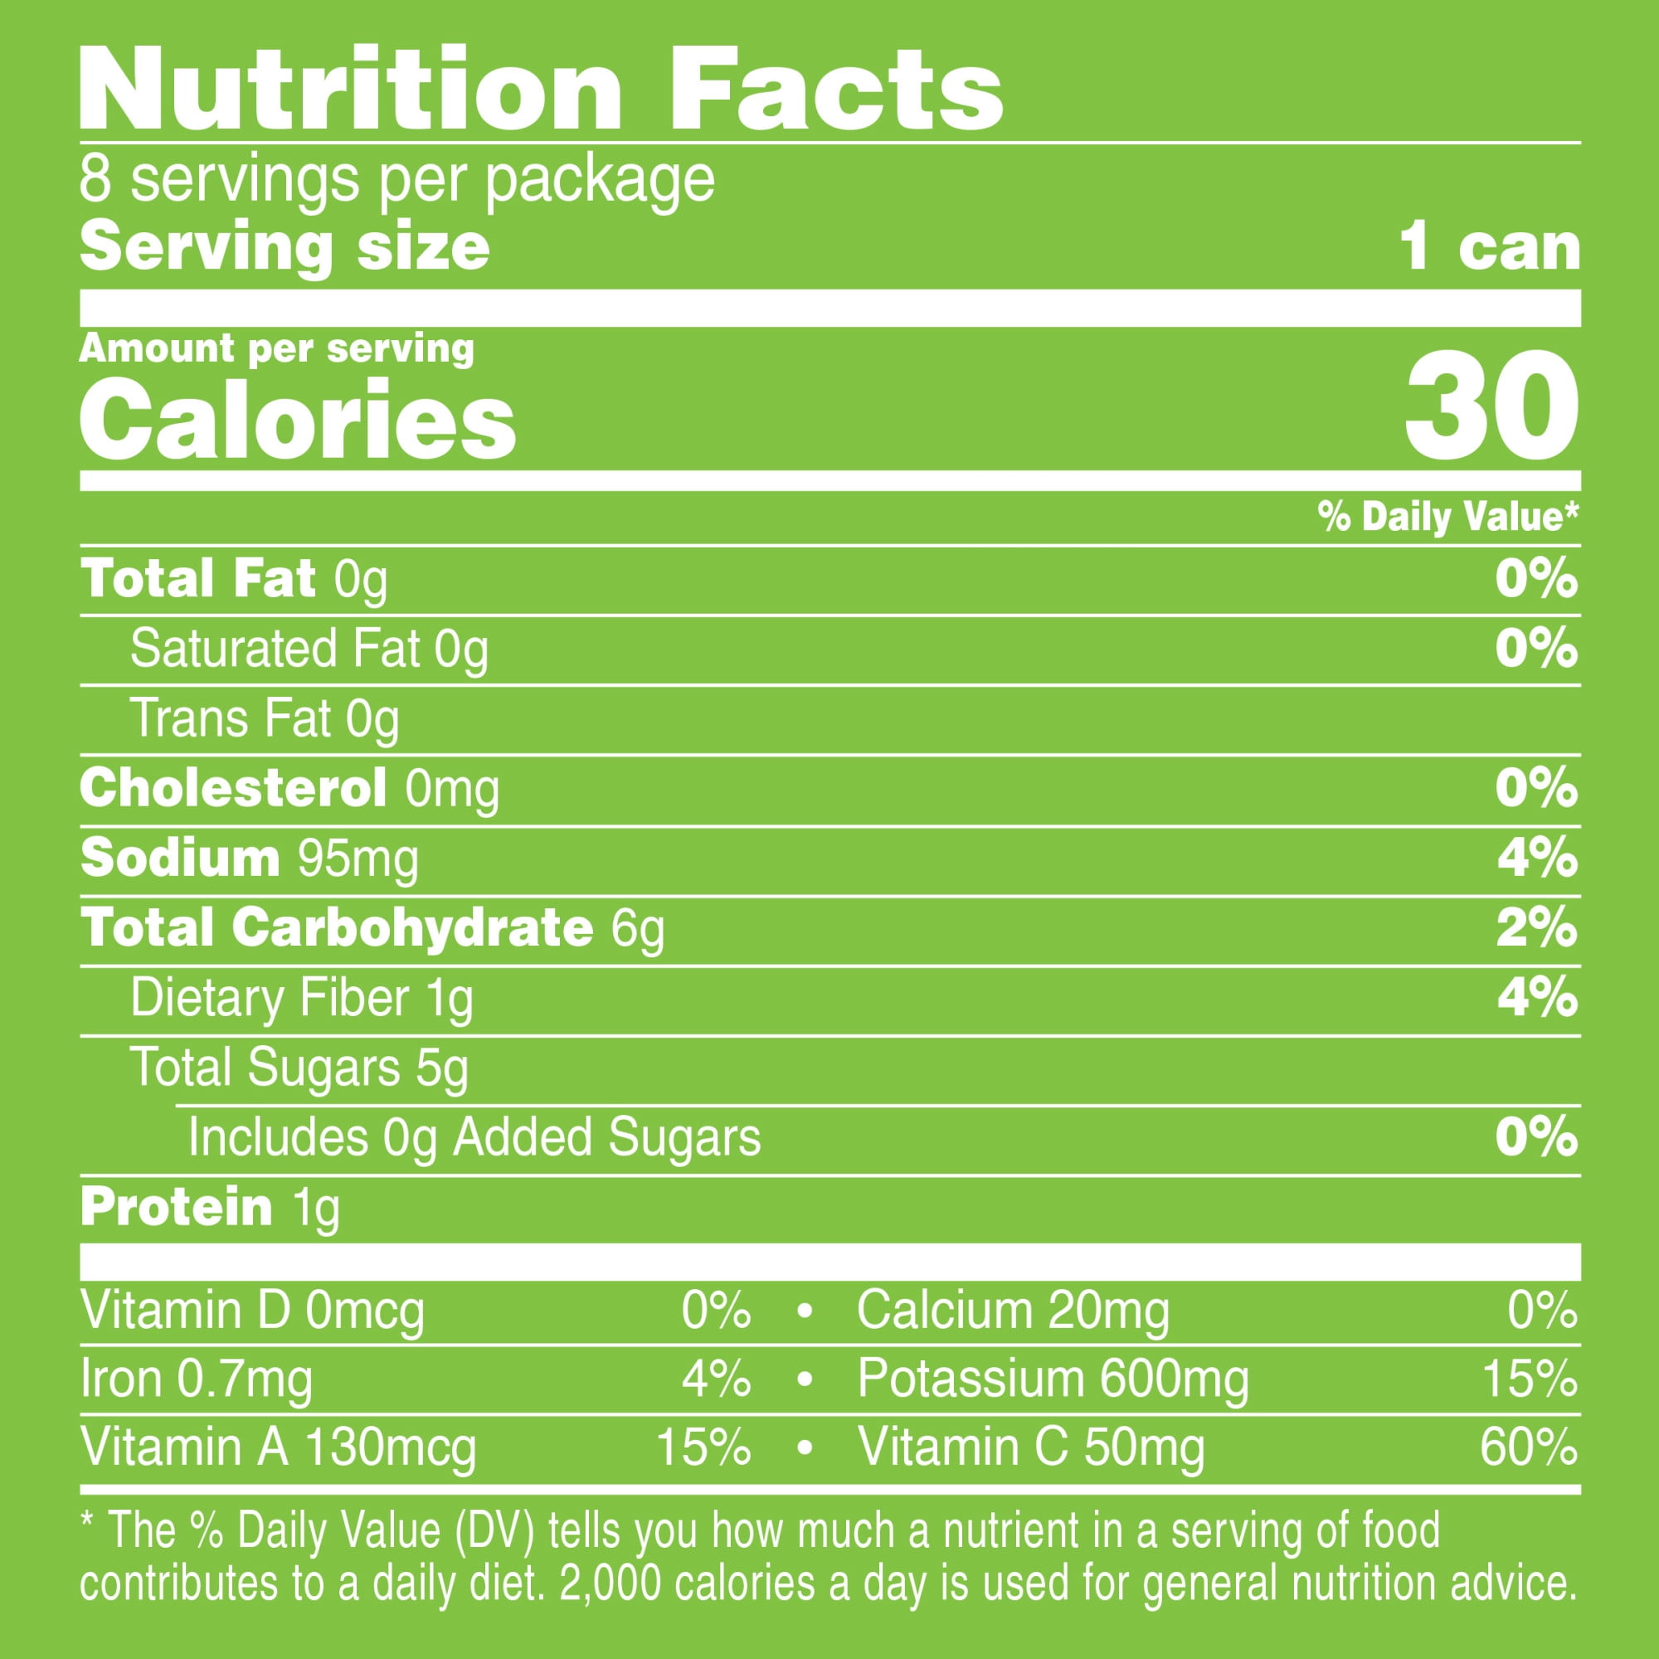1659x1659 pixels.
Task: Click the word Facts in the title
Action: [x=834, y=90]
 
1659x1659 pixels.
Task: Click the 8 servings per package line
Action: [x=397, y=179]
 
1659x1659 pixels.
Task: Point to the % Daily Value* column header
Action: [x=1447, y=517]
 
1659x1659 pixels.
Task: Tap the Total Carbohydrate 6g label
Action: [x=372, y=928]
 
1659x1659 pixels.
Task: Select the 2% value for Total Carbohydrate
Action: [x=1537, y=928]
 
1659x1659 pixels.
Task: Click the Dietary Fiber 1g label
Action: [x=301, y=999]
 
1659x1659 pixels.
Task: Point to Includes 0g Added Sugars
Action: [x=474, y=1138]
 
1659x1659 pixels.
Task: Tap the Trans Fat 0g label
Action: [x=265, y=718]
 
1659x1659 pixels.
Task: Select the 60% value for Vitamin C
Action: [x=1529, y=1447]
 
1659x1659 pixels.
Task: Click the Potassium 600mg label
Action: [x=1053, y=1379]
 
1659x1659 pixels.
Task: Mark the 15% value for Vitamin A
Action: [x=703, y=1447]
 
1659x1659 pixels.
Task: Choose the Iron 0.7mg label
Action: [x=196, y=1379]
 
